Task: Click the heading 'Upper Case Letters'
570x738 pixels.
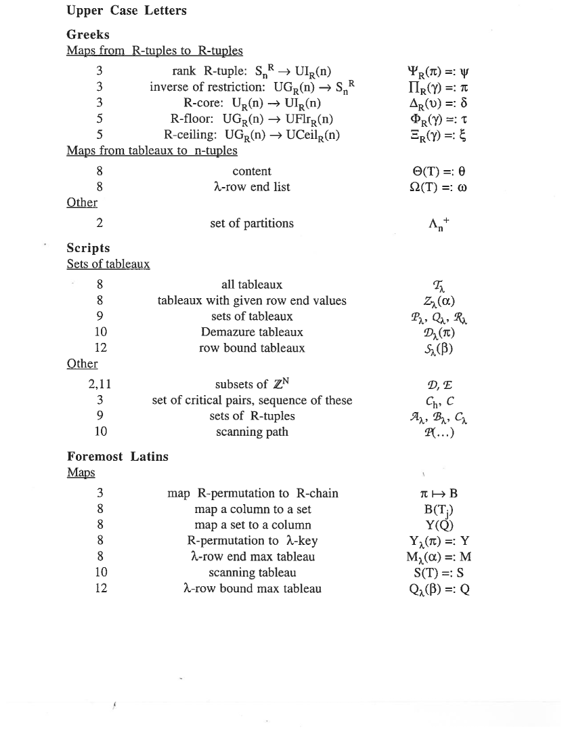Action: [x=127, y=11]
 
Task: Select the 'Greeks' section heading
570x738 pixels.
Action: [x=88, y=35]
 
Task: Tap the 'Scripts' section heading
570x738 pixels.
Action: [x=88, y=248]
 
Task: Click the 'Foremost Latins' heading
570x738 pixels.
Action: [x=118, y=457]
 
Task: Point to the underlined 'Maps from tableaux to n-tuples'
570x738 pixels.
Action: [x=152, y=150]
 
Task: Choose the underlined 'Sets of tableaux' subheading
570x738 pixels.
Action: [x=108, y=264]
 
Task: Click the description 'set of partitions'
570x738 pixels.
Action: [x=252, y=223]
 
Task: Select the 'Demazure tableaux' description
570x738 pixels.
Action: [x=252, y=333]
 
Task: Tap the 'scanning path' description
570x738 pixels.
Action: [x=252, y=432]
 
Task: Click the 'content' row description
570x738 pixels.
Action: [x=252, y=171]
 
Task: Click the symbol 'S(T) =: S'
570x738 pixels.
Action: [x=440, y=573]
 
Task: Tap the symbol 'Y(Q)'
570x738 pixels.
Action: [x=440, y=525]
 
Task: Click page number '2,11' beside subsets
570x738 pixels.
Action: [x=100, y=385]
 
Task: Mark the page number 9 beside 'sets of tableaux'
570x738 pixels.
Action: [x=100, y=316]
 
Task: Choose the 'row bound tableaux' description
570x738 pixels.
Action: [x=252, y=348]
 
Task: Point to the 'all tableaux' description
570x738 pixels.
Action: [x=252, y=285]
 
